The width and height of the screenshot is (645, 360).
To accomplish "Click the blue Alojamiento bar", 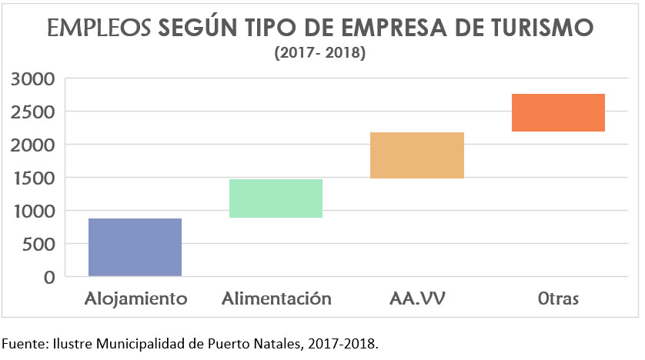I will [135, 247].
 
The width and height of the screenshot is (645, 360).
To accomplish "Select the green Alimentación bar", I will [276, 198].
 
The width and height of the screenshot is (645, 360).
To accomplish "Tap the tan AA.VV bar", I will [416, 155].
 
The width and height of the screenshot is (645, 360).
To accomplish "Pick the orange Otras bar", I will [558, 112].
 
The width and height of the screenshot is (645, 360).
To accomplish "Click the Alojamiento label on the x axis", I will [135, 298].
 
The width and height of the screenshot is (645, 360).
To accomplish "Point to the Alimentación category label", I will [276, 298].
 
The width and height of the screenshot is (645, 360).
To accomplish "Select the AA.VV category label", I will [417, 298].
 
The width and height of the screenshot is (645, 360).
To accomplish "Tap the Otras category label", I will [558, 298].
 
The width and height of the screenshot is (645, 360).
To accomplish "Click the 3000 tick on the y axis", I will [32, 78].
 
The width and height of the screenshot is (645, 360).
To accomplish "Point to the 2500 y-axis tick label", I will [32, 112].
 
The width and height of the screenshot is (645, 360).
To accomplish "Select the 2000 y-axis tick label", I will [32, 145].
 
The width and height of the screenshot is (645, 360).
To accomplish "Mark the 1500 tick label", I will [32, 178].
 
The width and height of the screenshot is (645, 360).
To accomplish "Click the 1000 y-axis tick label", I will [32, 211].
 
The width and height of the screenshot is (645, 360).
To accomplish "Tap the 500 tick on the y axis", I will [38, 244].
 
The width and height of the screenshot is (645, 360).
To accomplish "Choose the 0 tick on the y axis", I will [48, 277].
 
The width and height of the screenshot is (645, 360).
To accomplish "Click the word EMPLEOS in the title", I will [99, 28].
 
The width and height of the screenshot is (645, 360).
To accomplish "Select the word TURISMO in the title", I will [543, 28].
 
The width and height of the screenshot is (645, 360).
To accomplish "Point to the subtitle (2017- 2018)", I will [319, 54].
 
